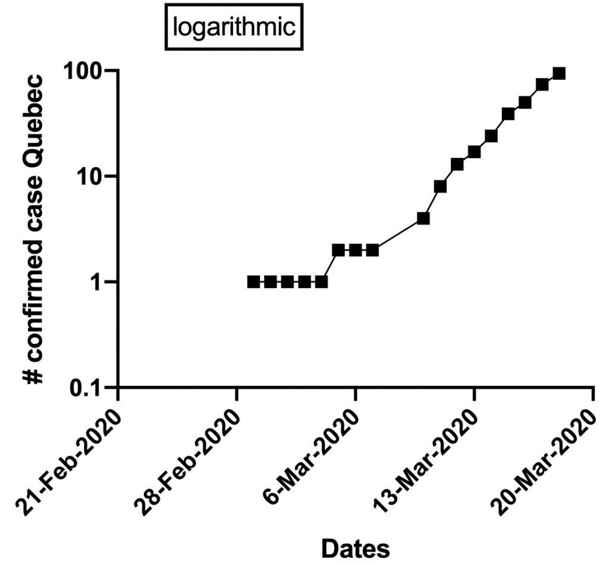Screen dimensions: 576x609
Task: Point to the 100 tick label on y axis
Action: (85, 71)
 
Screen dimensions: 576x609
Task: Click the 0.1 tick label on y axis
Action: (87, 387)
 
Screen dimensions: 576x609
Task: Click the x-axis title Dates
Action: (356, 548)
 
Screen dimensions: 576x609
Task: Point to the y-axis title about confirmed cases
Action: (36, 229)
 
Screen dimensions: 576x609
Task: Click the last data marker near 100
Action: (559, 73)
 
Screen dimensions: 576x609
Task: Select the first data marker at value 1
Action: (253, 281)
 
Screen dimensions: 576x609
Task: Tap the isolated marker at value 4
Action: (423, 218)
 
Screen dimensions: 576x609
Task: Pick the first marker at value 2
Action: (338, 250)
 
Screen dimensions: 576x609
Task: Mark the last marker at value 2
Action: (372, 250)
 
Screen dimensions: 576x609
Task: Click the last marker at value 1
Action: (322, 281)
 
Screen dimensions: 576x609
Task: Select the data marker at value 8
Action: (440, 186)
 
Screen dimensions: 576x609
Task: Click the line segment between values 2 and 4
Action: (398, 234)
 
